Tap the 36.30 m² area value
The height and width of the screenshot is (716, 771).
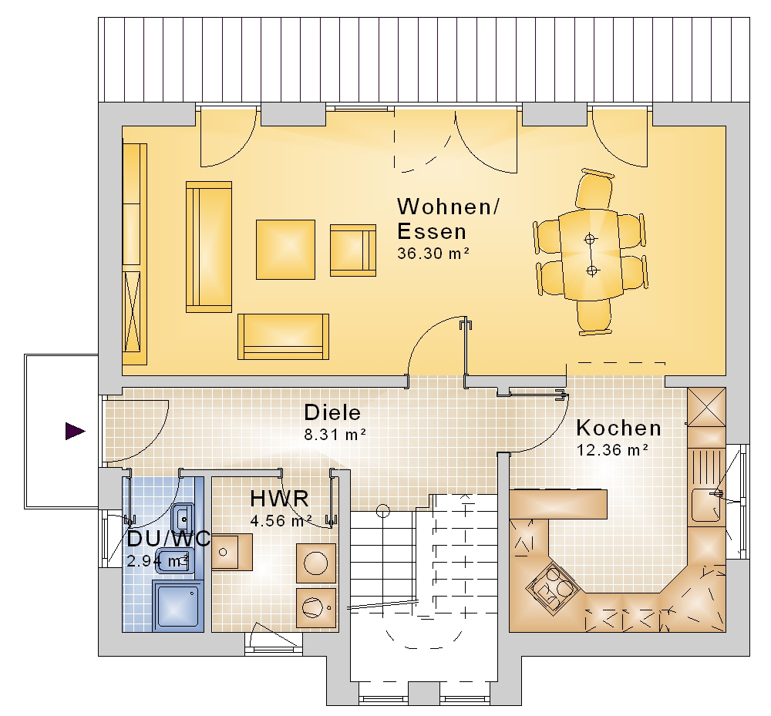(x=433, y=253)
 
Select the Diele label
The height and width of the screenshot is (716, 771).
(x=332, y=412)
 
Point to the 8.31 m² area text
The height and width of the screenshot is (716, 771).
(x=335, y=435)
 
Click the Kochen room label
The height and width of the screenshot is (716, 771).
(x=618, y=428)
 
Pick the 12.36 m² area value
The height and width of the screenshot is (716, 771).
(x=612, y=449)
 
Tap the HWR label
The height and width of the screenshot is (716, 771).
(x=279, y=499)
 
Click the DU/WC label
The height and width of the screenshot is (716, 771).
(x=169, y=539)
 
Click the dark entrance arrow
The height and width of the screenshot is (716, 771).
(x=76, y=431)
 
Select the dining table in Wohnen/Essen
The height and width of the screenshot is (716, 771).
(x=590, y=254)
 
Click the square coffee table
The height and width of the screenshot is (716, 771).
(x=285, y=250)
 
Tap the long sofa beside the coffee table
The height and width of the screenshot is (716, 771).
(x=208, y=247)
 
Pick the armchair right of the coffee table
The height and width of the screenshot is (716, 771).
(x=353, y=250)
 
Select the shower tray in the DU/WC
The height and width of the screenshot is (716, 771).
(x=178, y=606)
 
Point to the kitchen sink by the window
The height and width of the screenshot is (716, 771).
(x=706, y=505)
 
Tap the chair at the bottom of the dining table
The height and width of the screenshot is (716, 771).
(x=594, y=318)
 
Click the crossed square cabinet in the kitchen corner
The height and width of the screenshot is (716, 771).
(x=706, y=407)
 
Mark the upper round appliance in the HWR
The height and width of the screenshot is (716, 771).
(x=315, y=563)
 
